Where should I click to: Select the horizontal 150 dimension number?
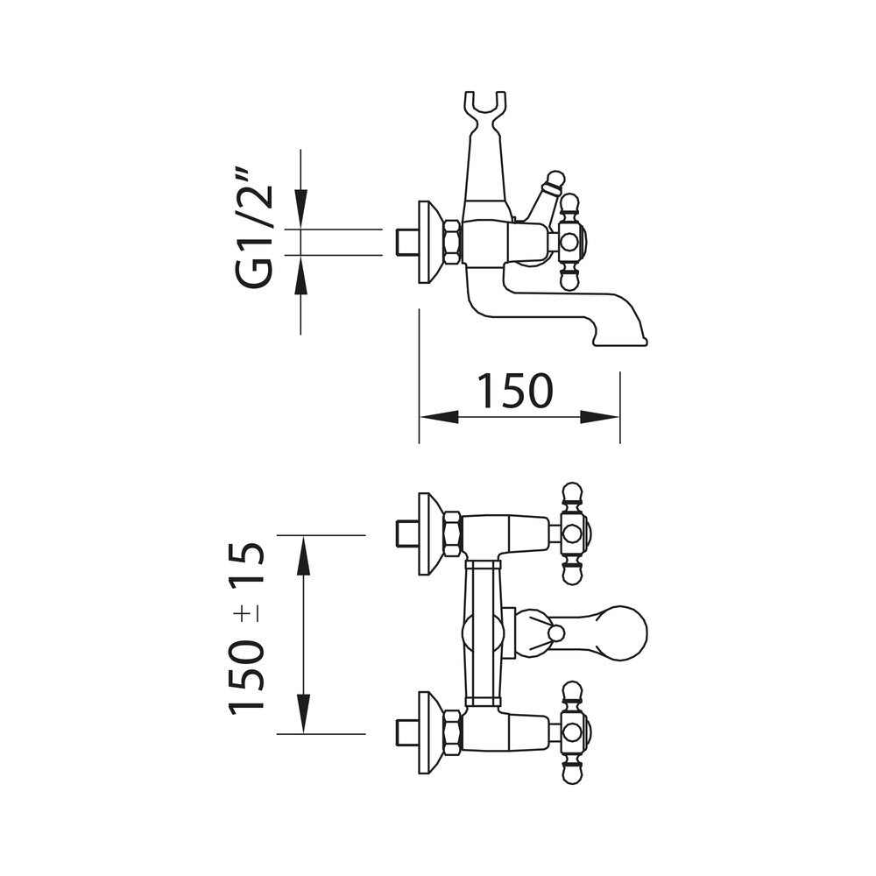tap(514, 391)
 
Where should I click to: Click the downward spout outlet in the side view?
tap(625, 334)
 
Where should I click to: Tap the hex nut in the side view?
tap(452, 242)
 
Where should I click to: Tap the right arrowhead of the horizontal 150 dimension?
tap(611, 417)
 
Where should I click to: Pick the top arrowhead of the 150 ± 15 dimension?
tap(302, 545)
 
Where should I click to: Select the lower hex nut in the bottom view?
tap(452, 731)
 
